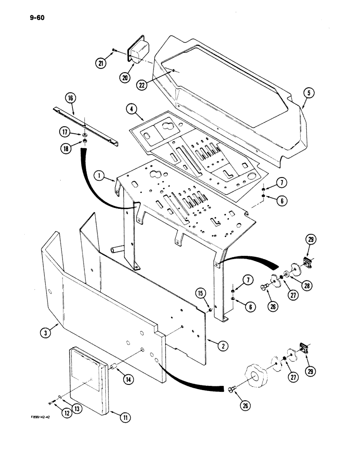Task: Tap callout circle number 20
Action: [x=125, y=78]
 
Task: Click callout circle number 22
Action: [x=142, y=84]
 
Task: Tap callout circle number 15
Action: [x=200, y=293]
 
